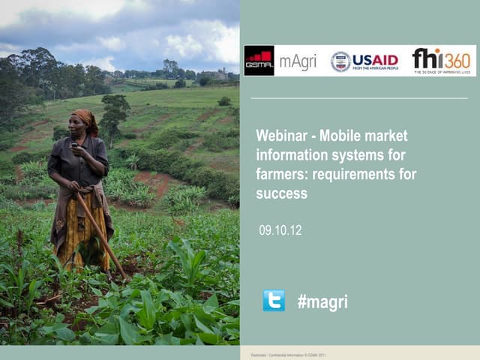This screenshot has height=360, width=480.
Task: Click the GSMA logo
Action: point(259,61)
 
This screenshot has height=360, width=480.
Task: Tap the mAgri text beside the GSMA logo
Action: point(298,61)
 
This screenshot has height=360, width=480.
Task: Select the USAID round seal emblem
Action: point(340,61)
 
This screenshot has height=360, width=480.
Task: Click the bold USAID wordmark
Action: point(375,60)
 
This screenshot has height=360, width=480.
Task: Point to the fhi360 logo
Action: point(442,60)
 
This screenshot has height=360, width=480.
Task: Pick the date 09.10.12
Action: point(280,230)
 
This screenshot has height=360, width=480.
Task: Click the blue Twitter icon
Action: point(274,301)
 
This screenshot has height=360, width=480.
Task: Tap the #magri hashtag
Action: point(322,301)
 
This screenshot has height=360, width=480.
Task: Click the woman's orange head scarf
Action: point(87,118)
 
